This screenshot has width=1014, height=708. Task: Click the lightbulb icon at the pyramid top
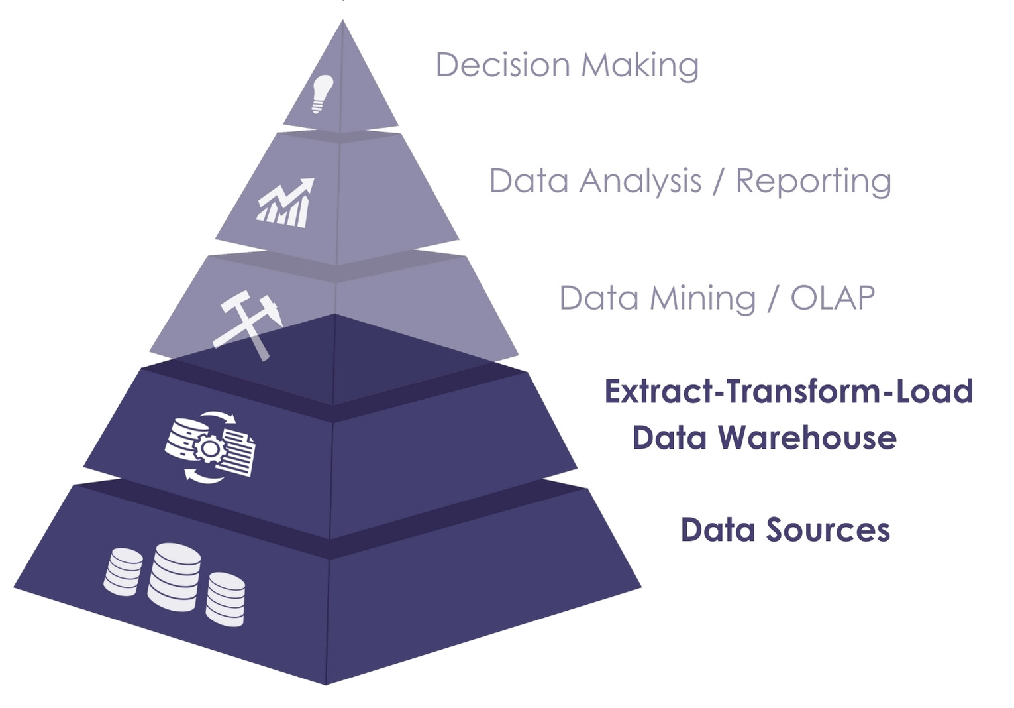pos(322,93)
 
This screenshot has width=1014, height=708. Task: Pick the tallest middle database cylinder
pos(174,576)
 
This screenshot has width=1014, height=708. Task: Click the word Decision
pos(503,65)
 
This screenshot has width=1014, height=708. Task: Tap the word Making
pos(640,66)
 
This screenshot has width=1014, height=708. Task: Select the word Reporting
pos(813,182)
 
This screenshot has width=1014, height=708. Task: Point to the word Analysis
pos(640,181)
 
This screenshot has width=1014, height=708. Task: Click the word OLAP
pos(833,298)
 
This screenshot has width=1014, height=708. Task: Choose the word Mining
pos(703,298)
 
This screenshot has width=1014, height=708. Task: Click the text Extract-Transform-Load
pos(788,391)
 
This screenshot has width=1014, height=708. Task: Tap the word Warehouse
pos(807,438)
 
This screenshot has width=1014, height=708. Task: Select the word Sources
pos(828,530)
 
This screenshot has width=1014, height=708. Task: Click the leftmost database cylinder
pos(123,571)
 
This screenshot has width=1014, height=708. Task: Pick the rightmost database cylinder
pos(226,599)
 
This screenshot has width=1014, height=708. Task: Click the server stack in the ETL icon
pos(183,438)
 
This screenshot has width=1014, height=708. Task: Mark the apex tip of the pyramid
pos(342,21)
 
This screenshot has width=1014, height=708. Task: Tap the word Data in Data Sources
pos(718,530)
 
